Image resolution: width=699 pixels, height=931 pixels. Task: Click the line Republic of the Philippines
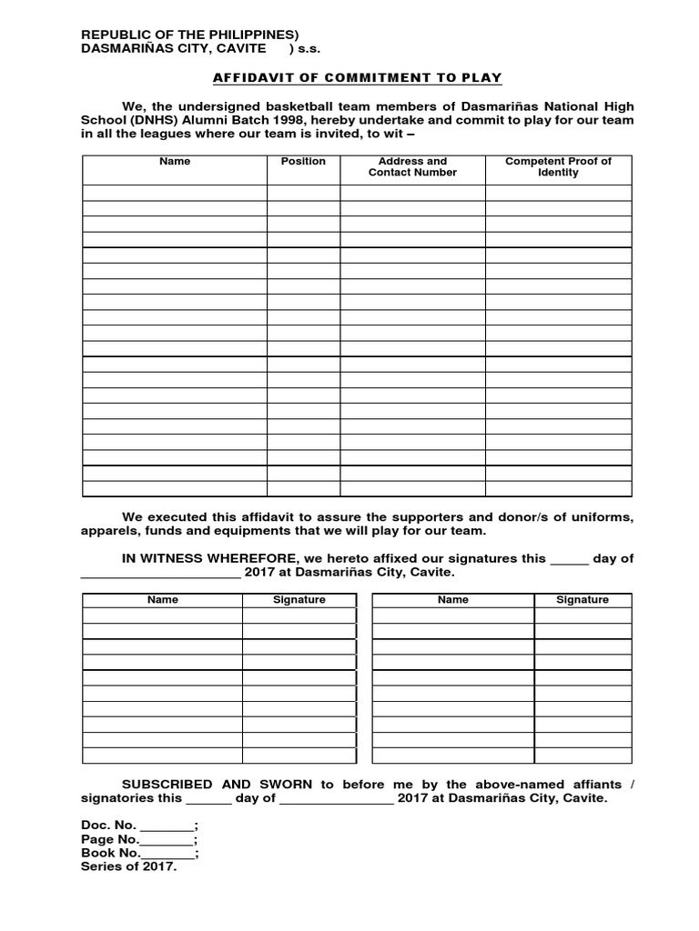[x=190, y=35]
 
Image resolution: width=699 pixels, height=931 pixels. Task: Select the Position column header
[x=303, y=161]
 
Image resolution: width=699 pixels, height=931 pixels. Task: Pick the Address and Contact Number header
[x=412, y=166]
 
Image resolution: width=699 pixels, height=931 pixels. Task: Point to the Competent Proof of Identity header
[x=558, y=166]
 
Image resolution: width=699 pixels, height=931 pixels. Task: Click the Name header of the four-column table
[x=175, y=161]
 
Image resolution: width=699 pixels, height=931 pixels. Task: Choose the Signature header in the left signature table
[x=299, y=600]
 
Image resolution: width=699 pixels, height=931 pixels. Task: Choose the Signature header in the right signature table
[x=582, y=600]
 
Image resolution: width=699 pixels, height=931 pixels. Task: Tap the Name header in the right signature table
[x=452, y=600]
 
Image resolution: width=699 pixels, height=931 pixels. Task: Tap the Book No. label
[x=111, y=853]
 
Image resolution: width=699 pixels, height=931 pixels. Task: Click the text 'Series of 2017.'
[x=129, y=867]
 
